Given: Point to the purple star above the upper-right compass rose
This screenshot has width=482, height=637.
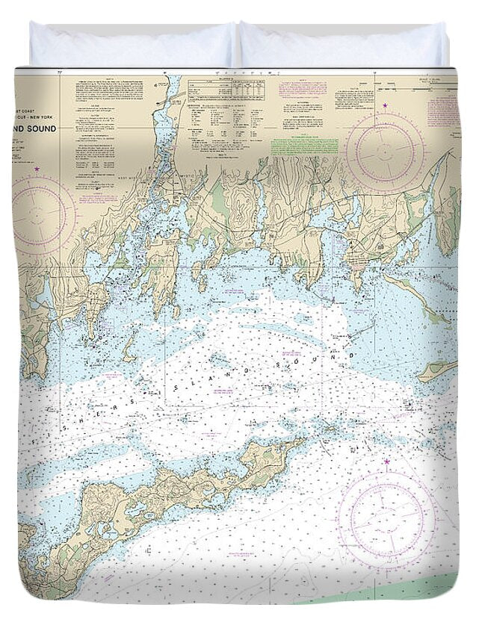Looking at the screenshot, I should coord(386,106).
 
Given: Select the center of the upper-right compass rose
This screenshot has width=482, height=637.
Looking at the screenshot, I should coord(385,152).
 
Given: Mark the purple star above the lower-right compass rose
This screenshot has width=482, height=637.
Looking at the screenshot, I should coord(387,462).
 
